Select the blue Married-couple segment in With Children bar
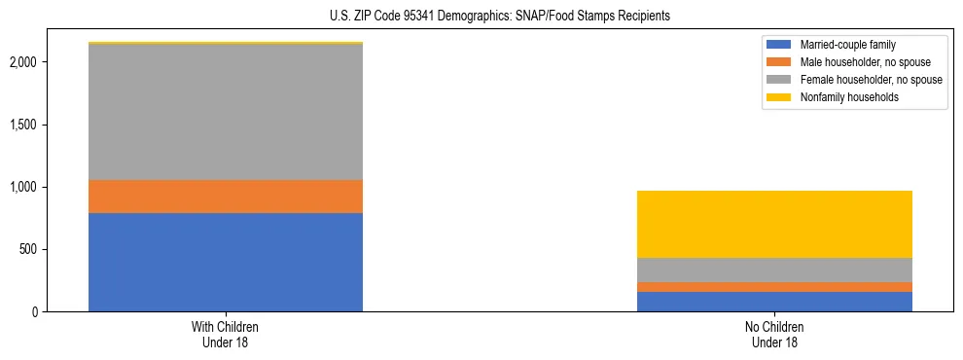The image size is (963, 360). [226, 262]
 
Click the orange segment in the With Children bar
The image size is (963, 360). [226, 197]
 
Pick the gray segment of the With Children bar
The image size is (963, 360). [226, 112]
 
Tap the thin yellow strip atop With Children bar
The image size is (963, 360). [226, 43]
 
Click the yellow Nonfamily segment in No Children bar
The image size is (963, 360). [774, 224]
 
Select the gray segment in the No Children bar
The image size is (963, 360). [774, 270]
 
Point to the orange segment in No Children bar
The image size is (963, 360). [774, 287]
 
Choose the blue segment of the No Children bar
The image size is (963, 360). [774, 302]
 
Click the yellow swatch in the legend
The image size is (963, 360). [779, 97]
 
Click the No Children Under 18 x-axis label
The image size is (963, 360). [774, 335]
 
